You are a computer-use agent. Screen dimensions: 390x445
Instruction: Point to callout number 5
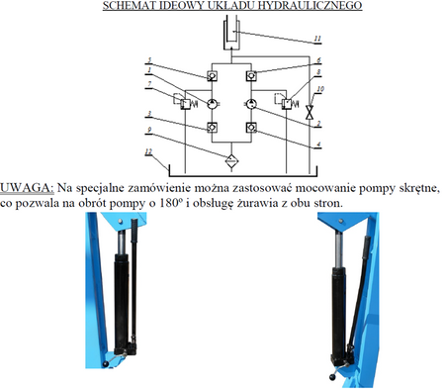(149, 61)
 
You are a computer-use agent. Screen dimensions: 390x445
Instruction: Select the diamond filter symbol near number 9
(230, 157)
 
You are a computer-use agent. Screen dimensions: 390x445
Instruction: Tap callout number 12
(148, 150)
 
